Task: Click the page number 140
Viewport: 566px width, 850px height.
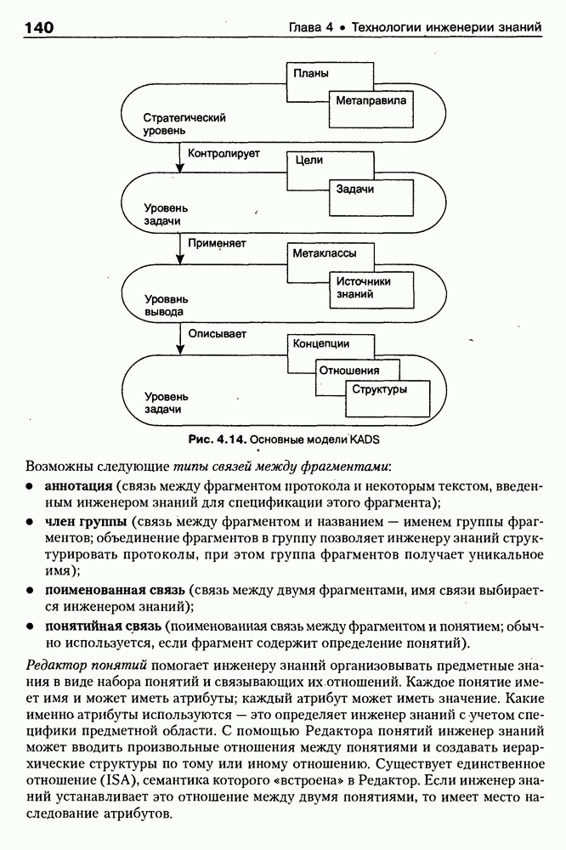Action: (x=39, y=28)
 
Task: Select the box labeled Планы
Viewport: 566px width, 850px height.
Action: (x=311, y=73)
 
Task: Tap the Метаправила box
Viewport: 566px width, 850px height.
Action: (x=371, y=100)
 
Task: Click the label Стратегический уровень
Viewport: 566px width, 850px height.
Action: (x=178, y=123)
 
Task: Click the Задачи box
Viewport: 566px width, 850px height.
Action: (x=355, y=189)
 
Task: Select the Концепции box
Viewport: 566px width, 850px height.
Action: (x=320, y=343)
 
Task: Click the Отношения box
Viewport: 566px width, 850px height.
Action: (x=348, y=371)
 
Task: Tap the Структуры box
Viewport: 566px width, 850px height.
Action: (x=380, y=389)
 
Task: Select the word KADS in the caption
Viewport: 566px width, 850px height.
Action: (x=367, y=439)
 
